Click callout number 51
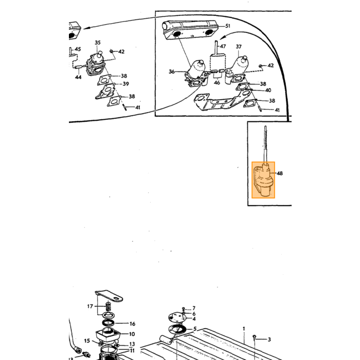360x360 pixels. click(227, 26)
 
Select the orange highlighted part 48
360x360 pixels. click(263, 180)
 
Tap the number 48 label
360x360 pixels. click(280, 173)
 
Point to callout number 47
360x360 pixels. click(223, 46)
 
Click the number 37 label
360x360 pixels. click(239, 47)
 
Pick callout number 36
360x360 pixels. click(172, 71)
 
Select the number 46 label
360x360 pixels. click(217, 82)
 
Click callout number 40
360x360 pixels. click(268, 90)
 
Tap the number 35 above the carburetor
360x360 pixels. click(98, 43)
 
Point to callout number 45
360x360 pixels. click(78, 49)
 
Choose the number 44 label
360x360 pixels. click(78, 77)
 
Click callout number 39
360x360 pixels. click(125, 84)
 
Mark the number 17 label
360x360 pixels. click(90, 307)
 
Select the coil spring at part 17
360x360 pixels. click(108, 307)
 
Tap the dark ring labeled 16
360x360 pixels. click(108, 322)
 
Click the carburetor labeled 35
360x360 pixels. click(96, 64)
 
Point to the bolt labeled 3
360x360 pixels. click(255, 338)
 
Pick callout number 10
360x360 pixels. click(132, 334)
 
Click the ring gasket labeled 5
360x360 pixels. click(177, 330)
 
